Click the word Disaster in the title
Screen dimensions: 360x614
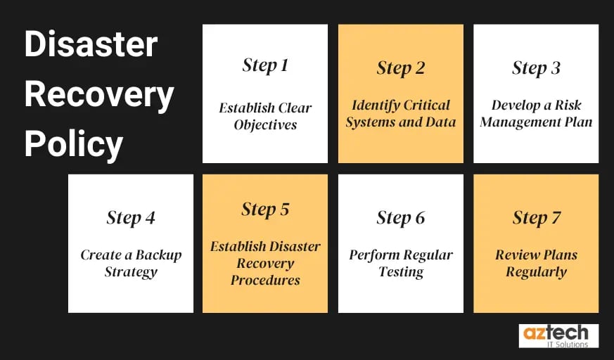[90, 46]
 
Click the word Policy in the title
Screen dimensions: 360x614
[74, 144]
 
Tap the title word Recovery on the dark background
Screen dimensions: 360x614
[99, 95]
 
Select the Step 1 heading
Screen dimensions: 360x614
[265, 65]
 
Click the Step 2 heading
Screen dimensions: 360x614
[401, 68]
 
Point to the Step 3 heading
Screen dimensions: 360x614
[536, 68]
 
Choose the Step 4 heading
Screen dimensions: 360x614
[131, 218]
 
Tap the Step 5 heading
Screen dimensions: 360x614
[265, 210]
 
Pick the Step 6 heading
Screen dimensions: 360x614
[401, 218]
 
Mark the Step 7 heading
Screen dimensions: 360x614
[536, 218]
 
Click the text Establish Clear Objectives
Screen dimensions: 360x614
[265, 117]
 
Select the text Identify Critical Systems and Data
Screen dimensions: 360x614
[401, 113]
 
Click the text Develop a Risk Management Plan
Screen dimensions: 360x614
[536, 113]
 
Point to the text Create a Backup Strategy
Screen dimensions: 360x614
[131, 263]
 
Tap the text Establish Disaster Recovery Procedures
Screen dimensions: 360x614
[265, 263]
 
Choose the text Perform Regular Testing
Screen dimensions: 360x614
[401, 263]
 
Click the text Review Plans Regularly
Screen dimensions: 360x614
[536, 263]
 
